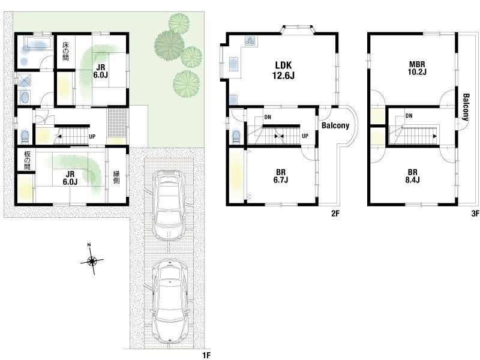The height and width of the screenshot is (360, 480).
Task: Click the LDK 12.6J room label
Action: (283, 70)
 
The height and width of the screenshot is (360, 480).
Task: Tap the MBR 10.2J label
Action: (418, 68)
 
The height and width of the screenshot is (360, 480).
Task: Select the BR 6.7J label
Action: (280, 176)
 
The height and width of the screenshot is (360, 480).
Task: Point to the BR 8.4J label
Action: (412, 176)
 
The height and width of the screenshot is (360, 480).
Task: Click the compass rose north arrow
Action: (92, 260)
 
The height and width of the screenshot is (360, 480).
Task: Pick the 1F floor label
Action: (206, 355)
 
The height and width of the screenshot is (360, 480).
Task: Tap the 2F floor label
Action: (335, 214)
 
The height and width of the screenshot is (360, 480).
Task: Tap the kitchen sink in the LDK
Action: (234, 64)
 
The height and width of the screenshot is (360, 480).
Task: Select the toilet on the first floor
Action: (25, 137)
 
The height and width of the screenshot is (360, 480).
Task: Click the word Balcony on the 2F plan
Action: (335, 125)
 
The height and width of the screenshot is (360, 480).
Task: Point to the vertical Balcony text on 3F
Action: (466, 107)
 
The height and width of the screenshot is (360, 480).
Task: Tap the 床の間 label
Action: (65, 51)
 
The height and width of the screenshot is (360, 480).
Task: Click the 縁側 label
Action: (116, 177)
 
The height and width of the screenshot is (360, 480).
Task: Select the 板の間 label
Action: (27, 160)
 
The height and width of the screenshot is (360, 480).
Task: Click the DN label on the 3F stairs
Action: (409, 116)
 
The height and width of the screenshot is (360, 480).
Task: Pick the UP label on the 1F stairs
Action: (92, 137)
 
